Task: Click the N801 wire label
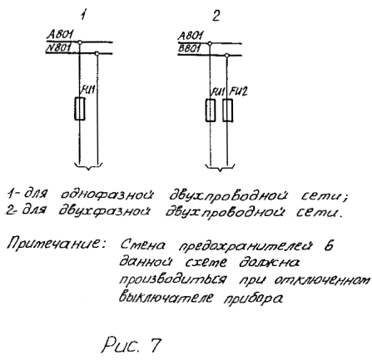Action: [58, 48]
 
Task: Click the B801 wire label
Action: [190, 48]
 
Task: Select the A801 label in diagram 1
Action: [60, 35]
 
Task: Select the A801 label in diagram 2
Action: [191, 36]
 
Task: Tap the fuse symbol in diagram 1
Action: [80, 109]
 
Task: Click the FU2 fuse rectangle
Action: [227, 111]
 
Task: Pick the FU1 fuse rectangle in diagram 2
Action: [211, 111]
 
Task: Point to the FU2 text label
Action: [239, 91]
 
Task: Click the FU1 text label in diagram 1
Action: [88, 90]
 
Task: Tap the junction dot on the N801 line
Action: [97, 53]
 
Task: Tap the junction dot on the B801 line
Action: [226, 56]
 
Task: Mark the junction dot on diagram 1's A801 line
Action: [80, 42]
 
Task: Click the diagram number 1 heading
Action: [83, 15]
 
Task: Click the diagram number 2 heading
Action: [216, 16]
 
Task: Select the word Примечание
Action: [57, 244]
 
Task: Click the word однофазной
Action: [107, 195]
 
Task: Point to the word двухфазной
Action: [105, 212]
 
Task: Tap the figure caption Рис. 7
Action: [131, 344]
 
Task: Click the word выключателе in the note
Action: [166, 298]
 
